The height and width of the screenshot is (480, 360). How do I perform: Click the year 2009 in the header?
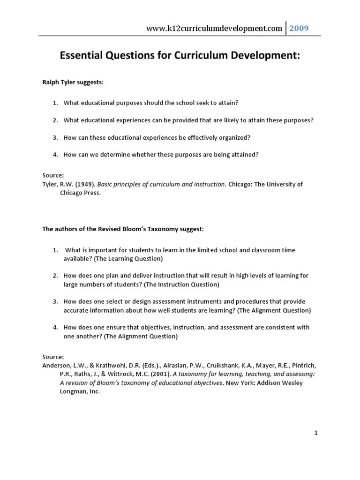(299, 29)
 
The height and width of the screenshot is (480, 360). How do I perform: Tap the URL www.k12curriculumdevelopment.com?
(215, 29)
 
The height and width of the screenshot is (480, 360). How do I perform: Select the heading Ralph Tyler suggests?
(73, 82)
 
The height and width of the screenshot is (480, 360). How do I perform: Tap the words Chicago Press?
(80, 193)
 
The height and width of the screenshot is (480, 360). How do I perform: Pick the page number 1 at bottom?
(316, 433)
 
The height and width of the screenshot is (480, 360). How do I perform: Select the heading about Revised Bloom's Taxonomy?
(123, 229)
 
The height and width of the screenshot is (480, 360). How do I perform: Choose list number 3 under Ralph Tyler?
(55, 137)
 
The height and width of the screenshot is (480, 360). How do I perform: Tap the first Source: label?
(53, 176)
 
